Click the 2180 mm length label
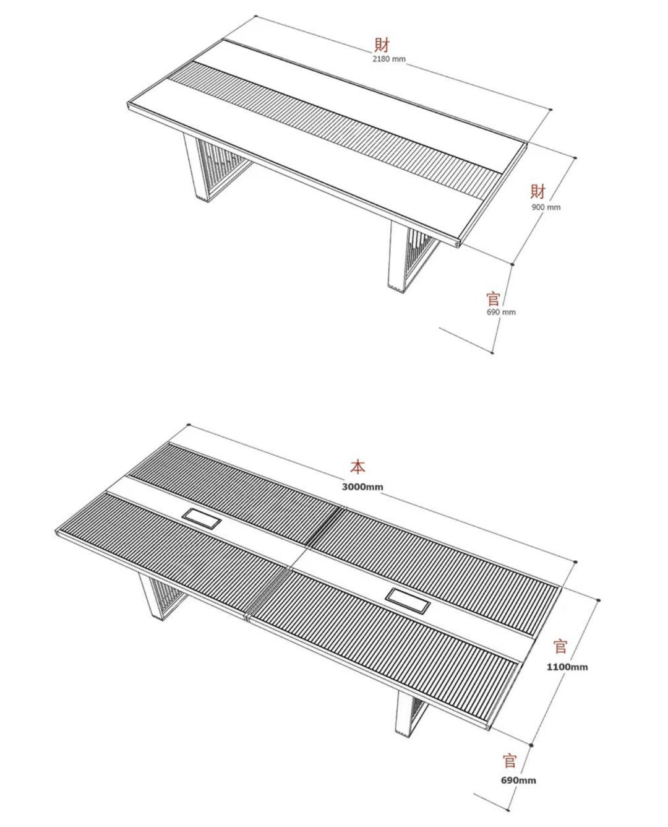coord(388,59)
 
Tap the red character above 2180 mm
coord(382,45)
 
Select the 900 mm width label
coord(546,207)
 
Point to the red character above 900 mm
coord(538,192)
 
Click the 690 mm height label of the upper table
coord(501,312)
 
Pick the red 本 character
coord(358,467)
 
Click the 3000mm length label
coord(362,487)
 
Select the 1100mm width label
coord(567,667)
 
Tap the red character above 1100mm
coord(560,646)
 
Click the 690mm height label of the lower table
coord(518,781)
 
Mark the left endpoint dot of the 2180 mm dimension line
coord(255,16)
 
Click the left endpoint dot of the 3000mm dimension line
coord(189,425)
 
